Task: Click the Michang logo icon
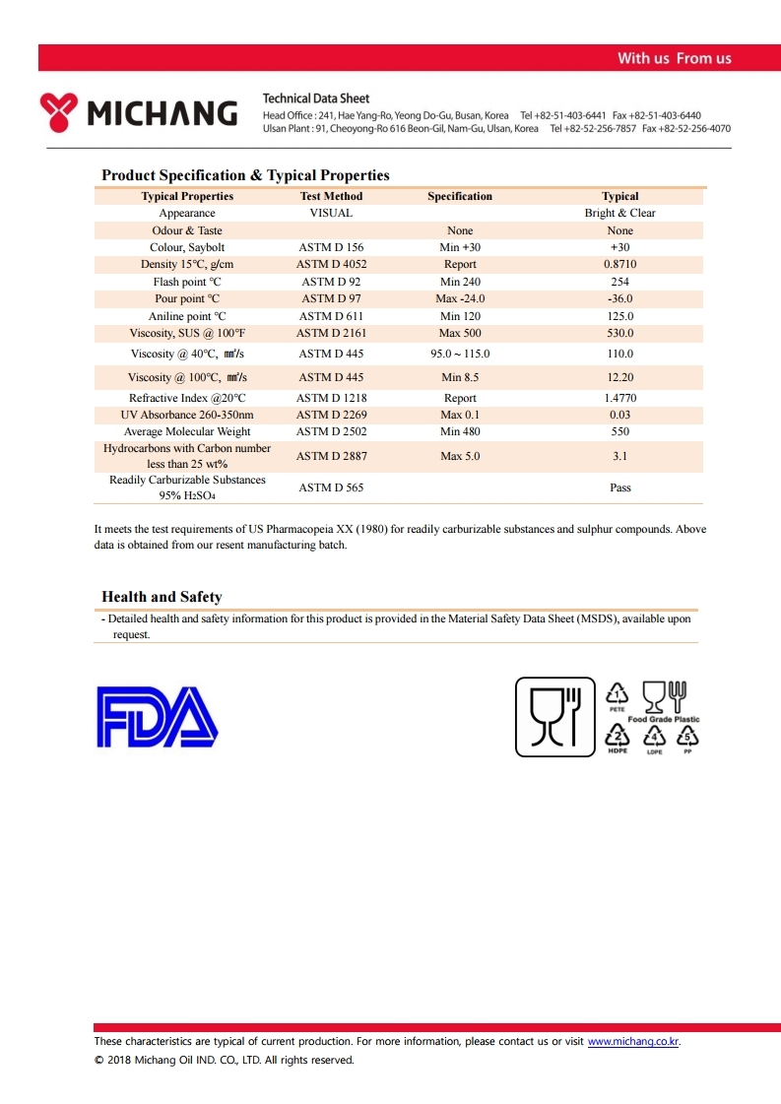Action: click(x=60, y=112)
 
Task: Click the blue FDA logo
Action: click(x=157, y=717)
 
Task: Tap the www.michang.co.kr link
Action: click(x=633, y=1041)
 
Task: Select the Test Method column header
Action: click(x=331, y=196)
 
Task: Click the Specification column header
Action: click(x=460, y=196)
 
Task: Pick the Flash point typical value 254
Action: click(x=620, y=282)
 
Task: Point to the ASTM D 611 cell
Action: click(x=331, y=316)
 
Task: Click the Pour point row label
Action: click(x=187, y=298)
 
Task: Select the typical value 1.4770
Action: click(x=620, y=398)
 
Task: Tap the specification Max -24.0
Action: click(x=460, y=298)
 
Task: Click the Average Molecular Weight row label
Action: click(x=187, y=431)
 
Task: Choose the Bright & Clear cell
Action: click(x=620, y=213)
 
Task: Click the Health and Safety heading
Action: click(x=162, y=597)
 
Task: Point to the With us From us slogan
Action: click(x=674, y=58)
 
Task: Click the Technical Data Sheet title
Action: click(x=316, y=98)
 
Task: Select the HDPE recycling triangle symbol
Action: click(x=617, y=737)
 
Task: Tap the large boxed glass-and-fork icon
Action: click(x=555, y=717)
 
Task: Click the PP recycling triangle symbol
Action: click(x=687, y=737)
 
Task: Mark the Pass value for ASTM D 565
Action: click(x=620, y=487)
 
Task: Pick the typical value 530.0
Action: click(x=620, y=334)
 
